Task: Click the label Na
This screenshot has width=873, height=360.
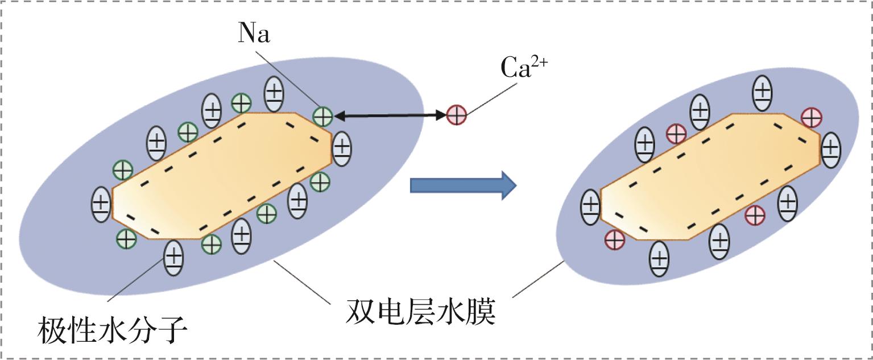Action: click(254, 35)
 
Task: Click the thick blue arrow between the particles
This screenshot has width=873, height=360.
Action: click(462, 185)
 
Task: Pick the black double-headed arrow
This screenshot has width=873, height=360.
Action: click(389, 116)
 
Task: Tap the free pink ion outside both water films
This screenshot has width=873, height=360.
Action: click(456, 115)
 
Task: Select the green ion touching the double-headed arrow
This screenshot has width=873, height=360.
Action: click(322, 116)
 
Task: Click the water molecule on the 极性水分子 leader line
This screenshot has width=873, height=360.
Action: click(174, 258)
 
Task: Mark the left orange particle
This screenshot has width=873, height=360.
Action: click(222, 176)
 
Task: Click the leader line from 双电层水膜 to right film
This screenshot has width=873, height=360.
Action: click(537, 279)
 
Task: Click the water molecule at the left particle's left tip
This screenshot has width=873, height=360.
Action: click(101, 204)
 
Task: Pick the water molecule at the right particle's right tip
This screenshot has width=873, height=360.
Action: click(830, 150)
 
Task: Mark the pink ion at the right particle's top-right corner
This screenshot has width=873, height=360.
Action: click(810, 118)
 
